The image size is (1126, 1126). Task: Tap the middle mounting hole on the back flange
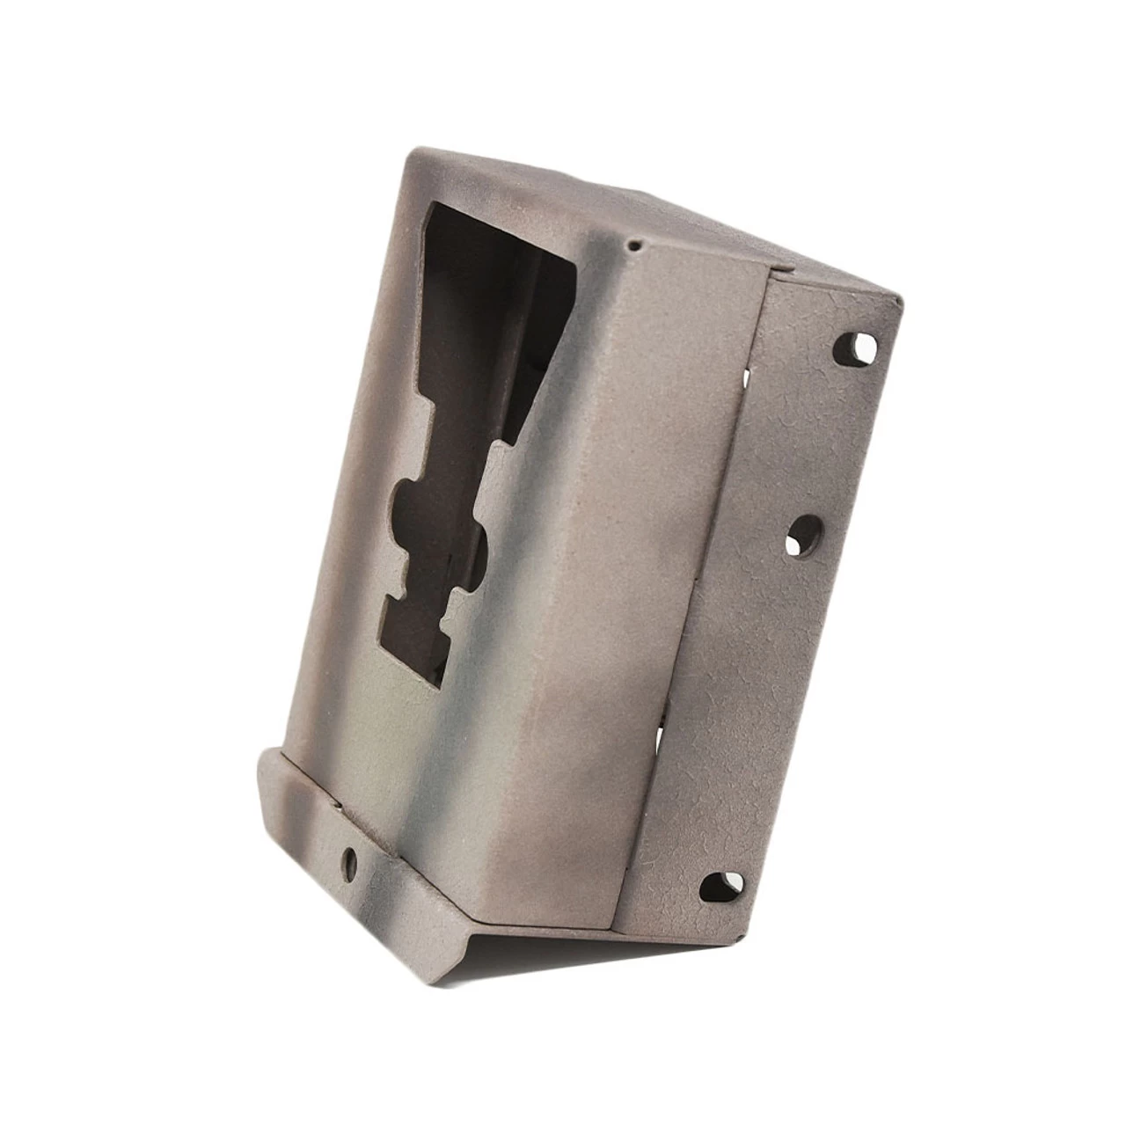805,535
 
